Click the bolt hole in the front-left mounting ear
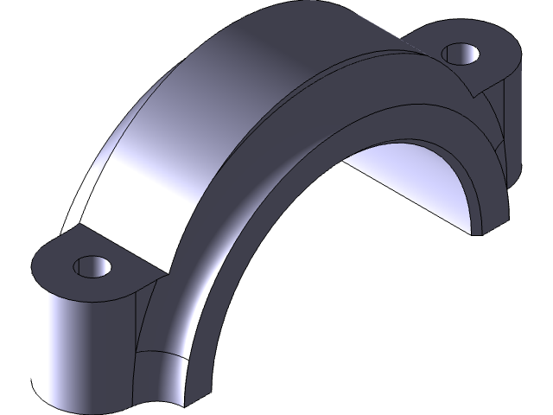(93, 265)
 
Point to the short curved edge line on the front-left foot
(160, 354)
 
